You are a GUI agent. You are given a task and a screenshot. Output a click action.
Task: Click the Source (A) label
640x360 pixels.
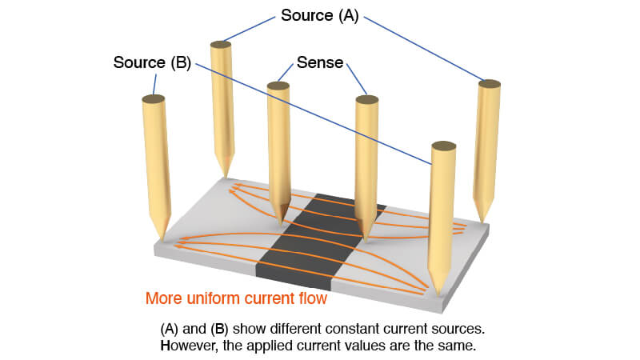(x=319, y=16)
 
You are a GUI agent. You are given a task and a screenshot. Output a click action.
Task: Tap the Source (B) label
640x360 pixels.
(x=152, y=63)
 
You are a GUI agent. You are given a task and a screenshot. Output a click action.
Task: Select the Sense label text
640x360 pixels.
(x=320, y=63)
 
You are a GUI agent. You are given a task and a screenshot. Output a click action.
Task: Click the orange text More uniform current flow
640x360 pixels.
(x=236, y=298)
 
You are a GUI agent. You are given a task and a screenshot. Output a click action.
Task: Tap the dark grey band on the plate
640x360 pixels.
(x=318, y=241)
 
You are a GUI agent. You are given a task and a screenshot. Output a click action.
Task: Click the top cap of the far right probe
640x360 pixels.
(x=490, y=84)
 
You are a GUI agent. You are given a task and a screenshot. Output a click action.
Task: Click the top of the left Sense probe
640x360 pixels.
(x=278, y=86)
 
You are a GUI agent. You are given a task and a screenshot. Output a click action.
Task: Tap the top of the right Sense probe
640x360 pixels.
(x=367, y=99)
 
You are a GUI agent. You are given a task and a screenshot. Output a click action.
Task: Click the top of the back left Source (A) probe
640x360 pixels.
(x=221, y=45)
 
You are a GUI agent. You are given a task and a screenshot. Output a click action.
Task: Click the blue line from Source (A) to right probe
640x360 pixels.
(x=423, y=48)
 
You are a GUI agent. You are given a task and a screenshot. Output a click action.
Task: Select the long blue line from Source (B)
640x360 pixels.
(x=313, y=114)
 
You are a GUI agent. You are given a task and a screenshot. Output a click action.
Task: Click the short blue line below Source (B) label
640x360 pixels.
(x=154, y=85)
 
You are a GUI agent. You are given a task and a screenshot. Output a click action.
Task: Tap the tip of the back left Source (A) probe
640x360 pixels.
(x=225, y=175)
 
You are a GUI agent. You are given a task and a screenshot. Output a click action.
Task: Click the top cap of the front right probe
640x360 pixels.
(x=444, y=146)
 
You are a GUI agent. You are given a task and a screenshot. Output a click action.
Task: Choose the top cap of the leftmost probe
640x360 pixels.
(x=154, y=98)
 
